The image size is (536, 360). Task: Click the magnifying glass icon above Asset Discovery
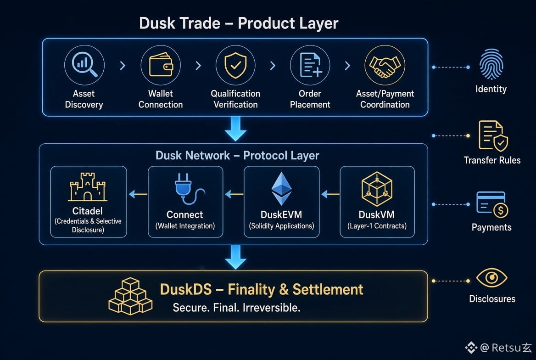click(84, 65)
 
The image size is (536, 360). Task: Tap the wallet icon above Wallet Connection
click(161, 65)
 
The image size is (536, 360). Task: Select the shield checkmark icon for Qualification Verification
click(235, 65)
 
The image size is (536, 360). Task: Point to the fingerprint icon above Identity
click(491, 64)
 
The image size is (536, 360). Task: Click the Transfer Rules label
click(492, 160)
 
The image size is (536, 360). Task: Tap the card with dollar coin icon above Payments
click(492, 205)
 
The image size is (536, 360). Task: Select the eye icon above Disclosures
click(491, 278)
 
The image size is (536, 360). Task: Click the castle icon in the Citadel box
click(88, 187)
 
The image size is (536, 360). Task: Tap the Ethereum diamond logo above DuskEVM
click(281, 189)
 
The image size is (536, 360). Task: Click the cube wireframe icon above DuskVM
click(377, 189)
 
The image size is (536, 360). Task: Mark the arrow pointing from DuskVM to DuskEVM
click(330, 194)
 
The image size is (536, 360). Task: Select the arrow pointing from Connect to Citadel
click(138, 194)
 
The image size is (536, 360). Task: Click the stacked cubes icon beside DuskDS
click(130, 296)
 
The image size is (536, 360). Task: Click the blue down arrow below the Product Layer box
click(235, 129)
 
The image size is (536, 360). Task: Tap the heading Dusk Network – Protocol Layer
click(237, 155)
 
